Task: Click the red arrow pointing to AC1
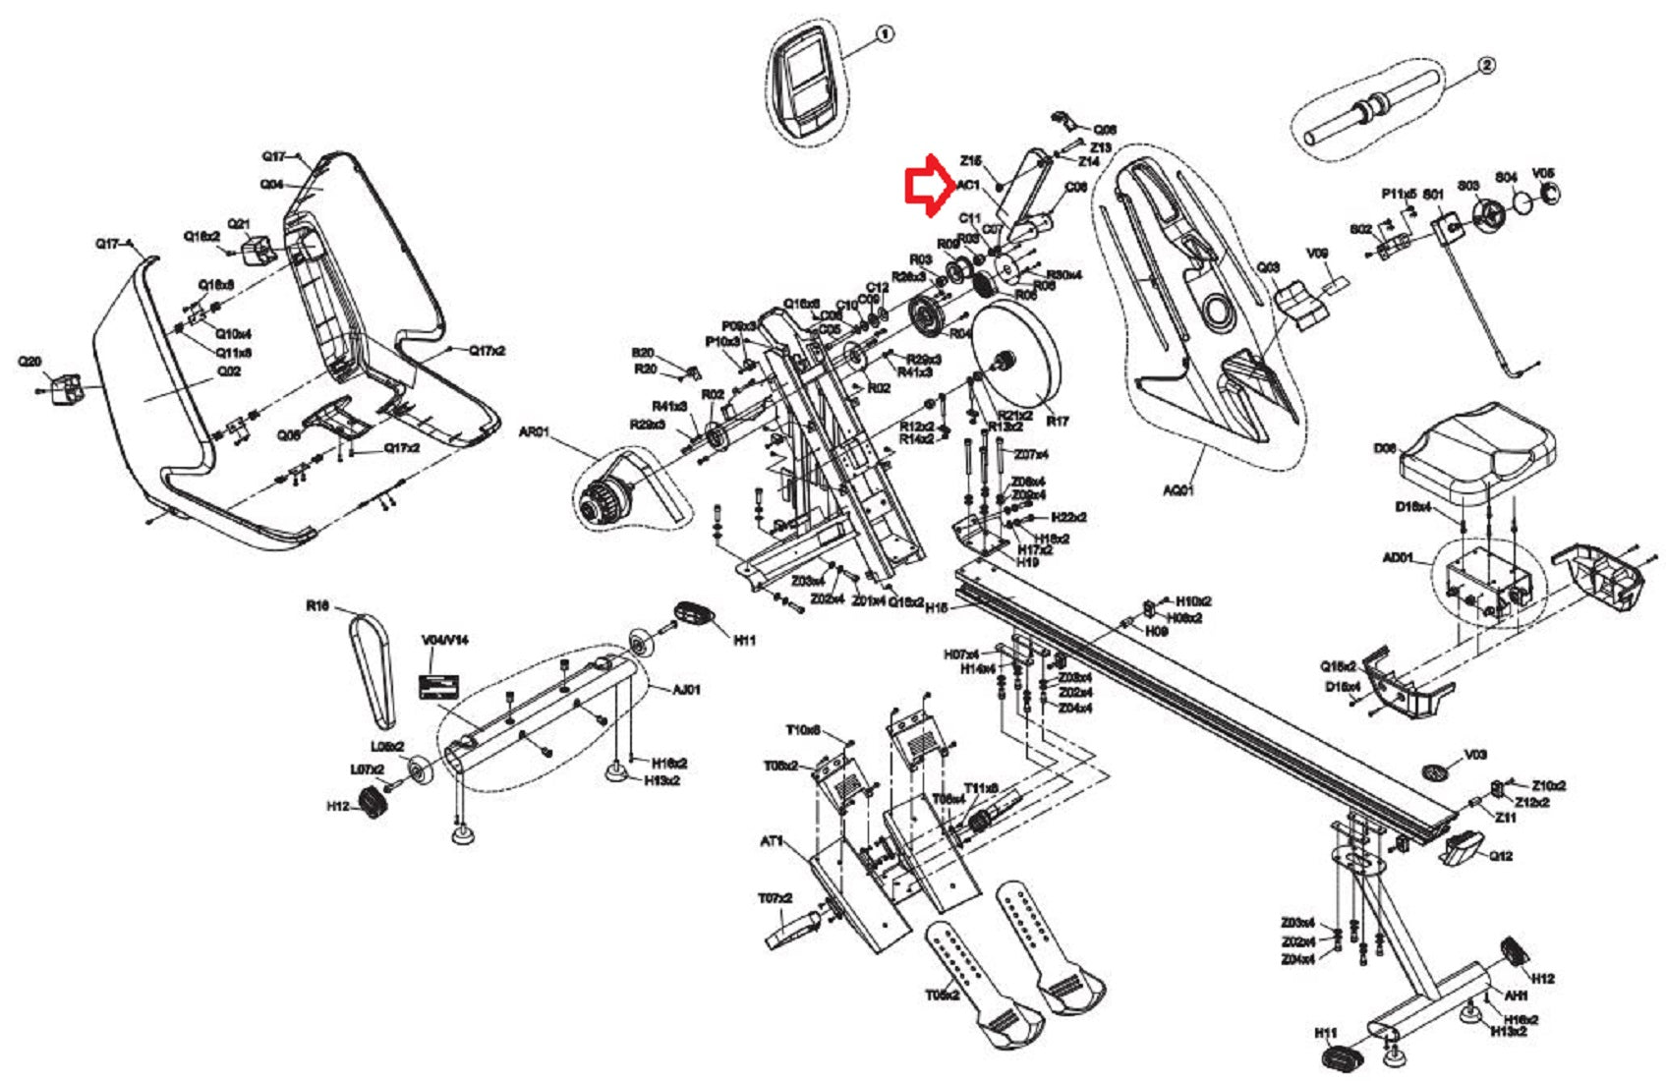(925, 184)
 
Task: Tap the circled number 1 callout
(885, 34)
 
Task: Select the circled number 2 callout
(1487, 66)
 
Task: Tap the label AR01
(534, 431)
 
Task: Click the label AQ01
(1178, 489)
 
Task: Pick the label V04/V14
(445, 640)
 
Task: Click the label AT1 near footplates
(772, 841)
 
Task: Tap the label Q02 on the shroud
(229, 371)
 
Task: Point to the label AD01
(1398, 558)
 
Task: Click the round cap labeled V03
(1437, 770)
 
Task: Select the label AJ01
(686, 689)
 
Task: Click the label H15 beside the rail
(937, 608)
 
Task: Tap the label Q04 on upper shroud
(272, 184)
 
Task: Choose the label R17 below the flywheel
(1058, 422)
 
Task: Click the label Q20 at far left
(29, 362)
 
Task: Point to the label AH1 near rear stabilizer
(1517, 996)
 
